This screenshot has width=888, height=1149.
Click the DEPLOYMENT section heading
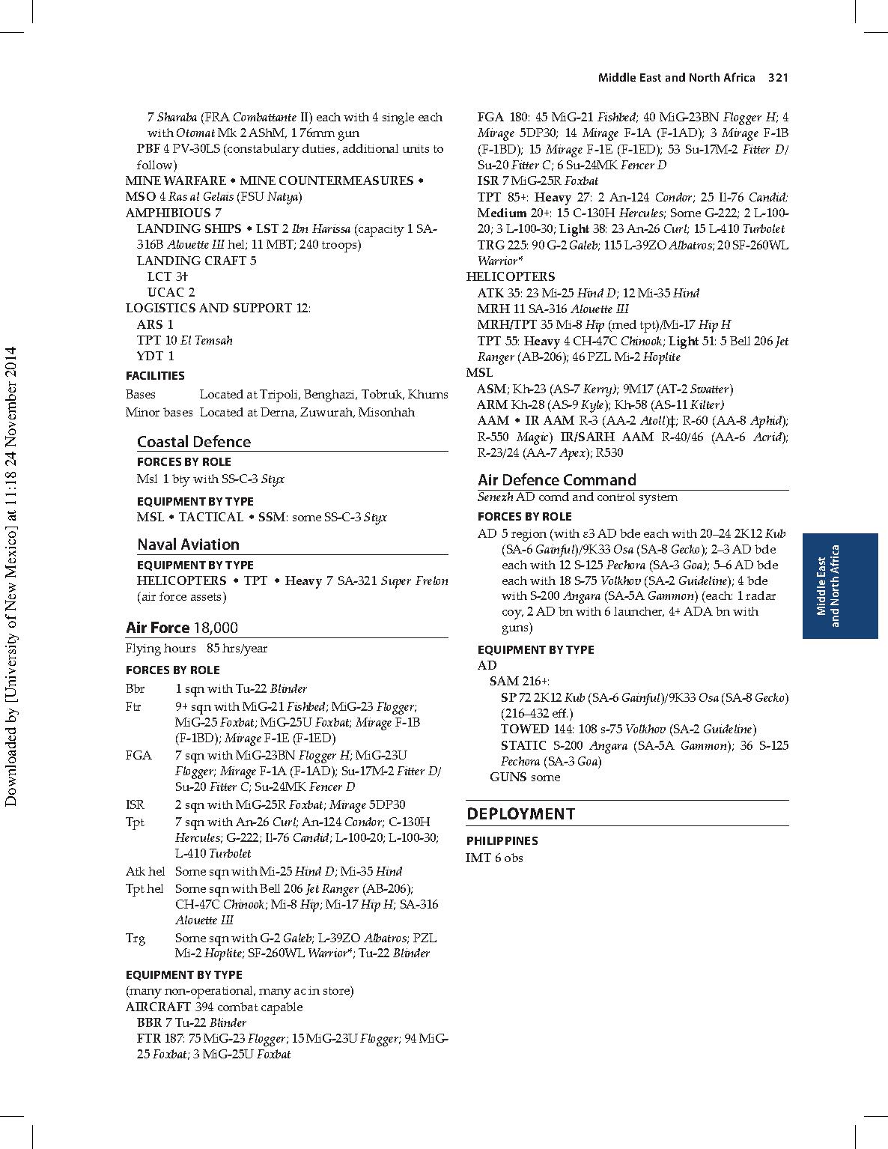point(521,814)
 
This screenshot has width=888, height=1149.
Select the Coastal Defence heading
point(193,442)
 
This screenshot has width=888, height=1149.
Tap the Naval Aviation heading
point(188,545)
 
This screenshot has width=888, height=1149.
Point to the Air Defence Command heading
point(557,480)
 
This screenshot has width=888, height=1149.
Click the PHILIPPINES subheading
point(502,840)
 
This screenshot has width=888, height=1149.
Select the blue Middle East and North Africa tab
point(839,586)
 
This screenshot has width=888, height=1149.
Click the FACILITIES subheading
point(155,375)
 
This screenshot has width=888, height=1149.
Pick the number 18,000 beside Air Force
point(216,628)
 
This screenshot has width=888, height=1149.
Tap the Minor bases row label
point(159,412)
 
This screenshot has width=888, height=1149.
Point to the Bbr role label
point(136,688)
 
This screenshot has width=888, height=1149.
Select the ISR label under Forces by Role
point(135,804)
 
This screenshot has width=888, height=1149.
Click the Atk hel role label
point(145,871)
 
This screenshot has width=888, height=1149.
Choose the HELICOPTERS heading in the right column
point(510,276)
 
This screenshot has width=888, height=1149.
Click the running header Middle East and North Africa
point(675,78)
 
